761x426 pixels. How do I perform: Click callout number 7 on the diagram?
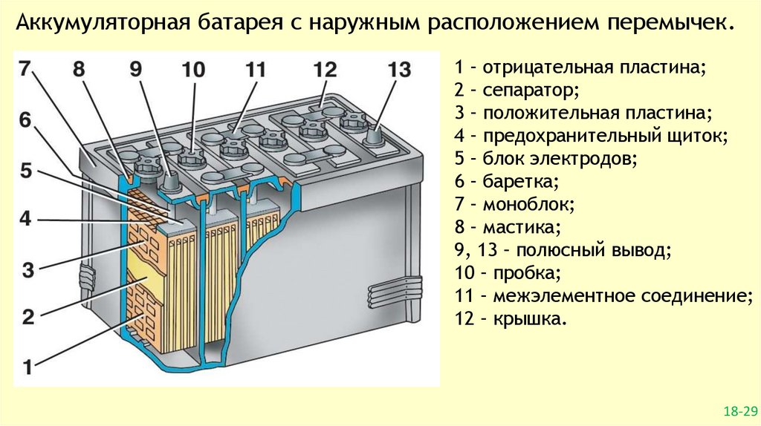(x=25, y=70)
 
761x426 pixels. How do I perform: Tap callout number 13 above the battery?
(x=398, y=70)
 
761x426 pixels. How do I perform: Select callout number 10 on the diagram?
(x=192, y=70)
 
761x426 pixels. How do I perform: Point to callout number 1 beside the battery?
(x=27, y=366)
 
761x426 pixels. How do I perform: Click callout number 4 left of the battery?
(x=25, y=219)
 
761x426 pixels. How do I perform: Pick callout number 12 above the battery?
(x=325, y=70)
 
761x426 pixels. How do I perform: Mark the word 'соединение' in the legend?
(x=686, y=296)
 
